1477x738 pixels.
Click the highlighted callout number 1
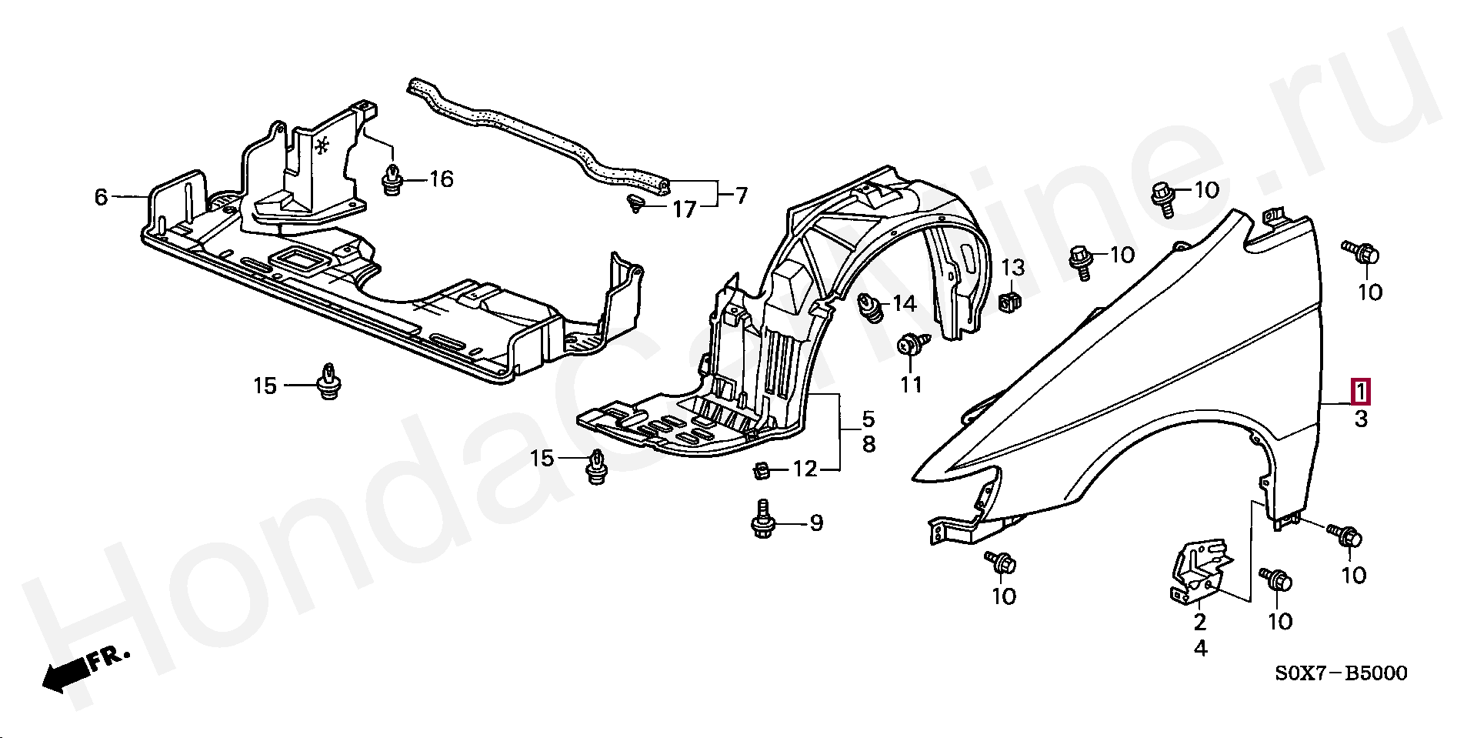1361,392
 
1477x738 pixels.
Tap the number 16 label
442,180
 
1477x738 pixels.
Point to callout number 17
684,209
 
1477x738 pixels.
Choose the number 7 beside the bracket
740,196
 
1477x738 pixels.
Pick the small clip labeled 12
760,468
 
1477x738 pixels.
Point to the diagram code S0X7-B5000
1342,674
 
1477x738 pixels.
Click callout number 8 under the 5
868,444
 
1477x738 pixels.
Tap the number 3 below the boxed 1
1361,419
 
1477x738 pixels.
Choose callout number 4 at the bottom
1201,649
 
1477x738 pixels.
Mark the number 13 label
1013,268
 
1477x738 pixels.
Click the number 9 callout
816,523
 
